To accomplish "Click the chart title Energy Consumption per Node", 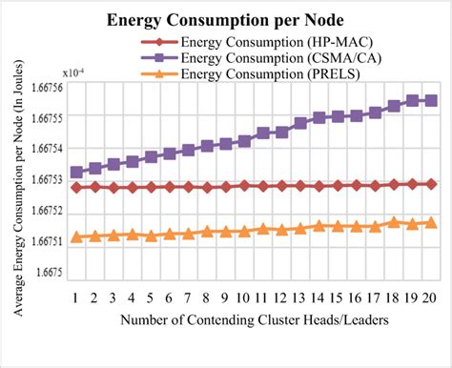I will (226, 19).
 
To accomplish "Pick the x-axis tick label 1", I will (75, 297).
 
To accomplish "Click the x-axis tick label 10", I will (243, 297).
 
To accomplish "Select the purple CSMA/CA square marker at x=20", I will (430, 100).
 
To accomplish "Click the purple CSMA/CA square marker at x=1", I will (75, 173).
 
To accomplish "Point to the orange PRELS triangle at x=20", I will (430, 222).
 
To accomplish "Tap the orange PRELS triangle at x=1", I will (75, 236).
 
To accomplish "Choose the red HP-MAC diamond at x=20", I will (430, 184).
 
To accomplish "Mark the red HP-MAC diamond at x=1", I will (75, 187).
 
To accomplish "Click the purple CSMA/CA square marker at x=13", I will (299, 123).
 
